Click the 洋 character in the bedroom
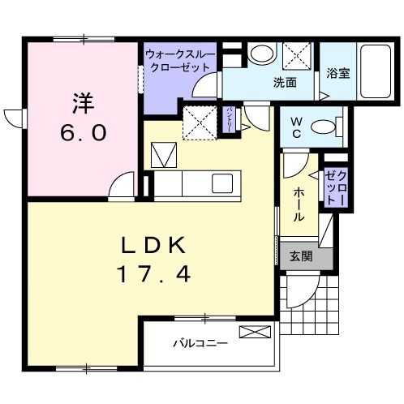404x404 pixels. pyautogui.click(x=82, y=104)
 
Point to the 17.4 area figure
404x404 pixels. pyautogui.click(x=156, y=274)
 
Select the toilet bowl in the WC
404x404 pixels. pyautogui.click(x=324, y=127)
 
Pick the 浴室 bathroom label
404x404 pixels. pyautogui.click(x=337, y=74)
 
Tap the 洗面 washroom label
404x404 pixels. pyautogui.click(x=284, y=82)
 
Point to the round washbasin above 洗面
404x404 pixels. pyautogui.click(x=261, y=54)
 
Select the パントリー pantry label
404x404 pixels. pyautogui.click(x=230, y=118)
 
